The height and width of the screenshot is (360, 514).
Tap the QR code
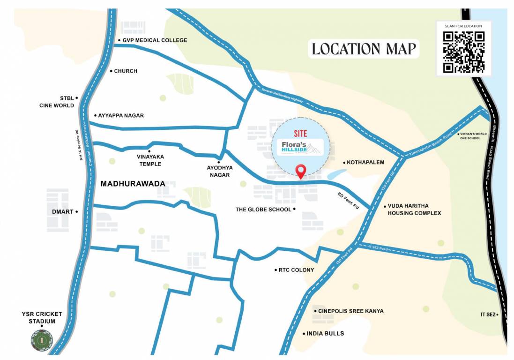[464, 52]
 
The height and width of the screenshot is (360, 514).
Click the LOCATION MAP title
[364, 49]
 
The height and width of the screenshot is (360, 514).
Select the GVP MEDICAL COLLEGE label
[155, 40]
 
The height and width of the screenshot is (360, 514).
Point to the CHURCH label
[126, 71]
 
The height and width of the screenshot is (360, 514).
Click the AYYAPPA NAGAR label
[121, 115]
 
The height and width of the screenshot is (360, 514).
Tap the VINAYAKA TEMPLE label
[150, 160]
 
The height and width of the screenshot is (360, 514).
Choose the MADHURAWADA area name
[133, 184]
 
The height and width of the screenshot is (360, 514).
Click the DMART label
[63, 212]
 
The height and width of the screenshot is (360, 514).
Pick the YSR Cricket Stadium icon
[42, 339]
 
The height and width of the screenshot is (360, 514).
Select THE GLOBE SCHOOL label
[263, 210]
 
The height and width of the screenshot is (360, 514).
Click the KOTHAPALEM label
[365, 163]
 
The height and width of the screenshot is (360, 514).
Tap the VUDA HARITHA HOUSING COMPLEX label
[414, 210]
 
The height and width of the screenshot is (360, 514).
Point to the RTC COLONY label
[296, 270]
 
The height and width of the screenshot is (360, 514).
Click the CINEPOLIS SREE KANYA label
[350, 311]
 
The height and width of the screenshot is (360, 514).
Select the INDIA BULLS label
[325, 334]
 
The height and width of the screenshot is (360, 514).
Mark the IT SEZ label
[488, 315]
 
